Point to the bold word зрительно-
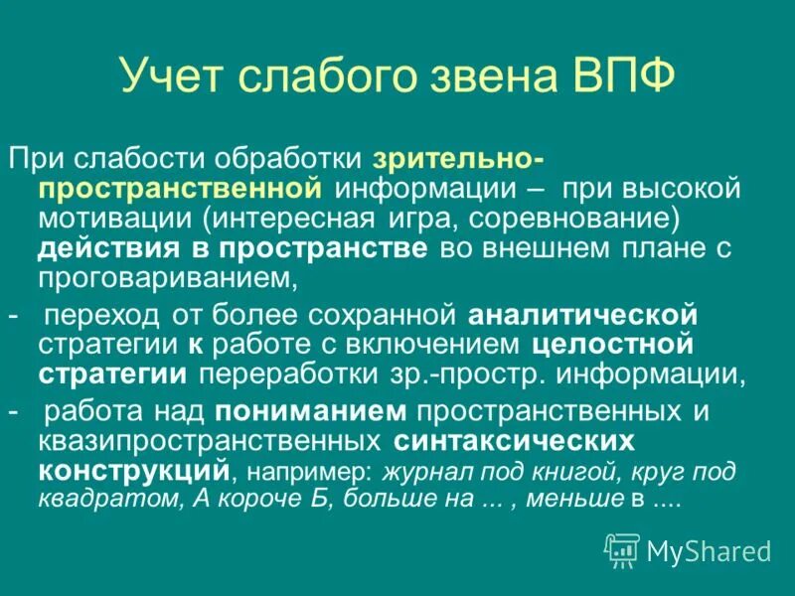[x=458, y=158]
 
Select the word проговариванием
[x=168, y=280]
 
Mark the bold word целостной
[x=610, y=346]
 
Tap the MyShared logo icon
[x=622, y=549]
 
